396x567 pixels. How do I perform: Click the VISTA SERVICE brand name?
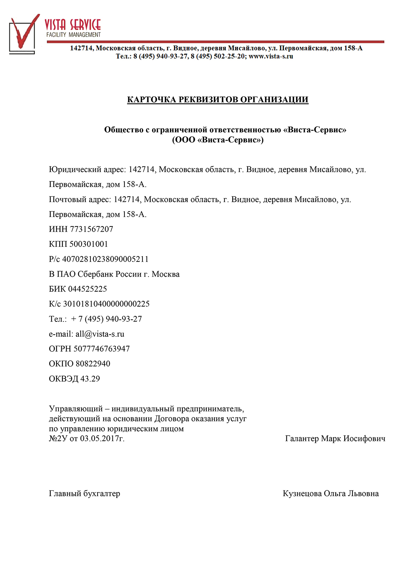[x=73, y=25]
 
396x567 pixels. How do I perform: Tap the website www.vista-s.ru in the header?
[x=271, y=56]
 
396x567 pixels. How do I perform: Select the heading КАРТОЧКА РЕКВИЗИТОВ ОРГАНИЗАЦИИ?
[x=218, y=100]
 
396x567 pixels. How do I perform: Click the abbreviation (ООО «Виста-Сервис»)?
[x=218, y=140]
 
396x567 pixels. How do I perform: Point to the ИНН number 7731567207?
[x=92, y=229]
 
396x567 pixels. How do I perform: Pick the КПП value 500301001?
[x=89, y=244]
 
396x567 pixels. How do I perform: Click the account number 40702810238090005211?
[x=105, y=259]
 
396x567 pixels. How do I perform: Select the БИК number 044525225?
[x=87, y=289]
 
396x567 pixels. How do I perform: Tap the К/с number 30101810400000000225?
[x=106, y=304]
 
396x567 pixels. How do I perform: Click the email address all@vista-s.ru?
[x=100, y=334]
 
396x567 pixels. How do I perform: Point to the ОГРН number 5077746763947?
[x=102, y=349]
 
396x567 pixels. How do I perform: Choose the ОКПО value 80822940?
[x=93, y=364]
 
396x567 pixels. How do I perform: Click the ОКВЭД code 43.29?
[x=90, y=379]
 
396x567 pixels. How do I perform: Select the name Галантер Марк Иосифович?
[x=335, y=439]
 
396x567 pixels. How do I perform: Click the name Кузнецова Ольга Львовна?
[x=330, y=493]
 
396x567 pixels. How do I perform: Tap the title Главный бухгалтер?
[x=85, y=493]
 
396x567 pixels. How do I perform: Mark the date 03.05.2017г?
[x=102, y=439]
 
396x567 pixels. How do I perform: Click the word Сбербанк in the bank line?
[x=95, y=274]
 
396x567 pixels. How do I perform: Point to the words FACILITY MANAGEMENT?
[x=74, y=35]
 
